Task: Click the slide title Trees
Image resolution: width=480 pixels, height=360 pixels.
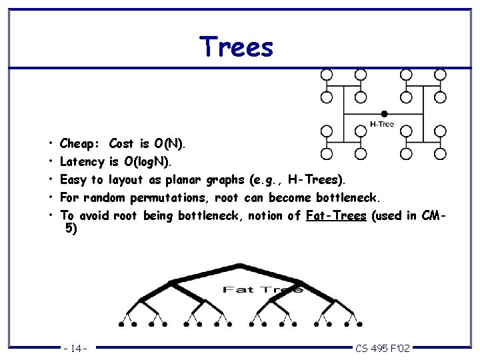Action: tap(236, 47)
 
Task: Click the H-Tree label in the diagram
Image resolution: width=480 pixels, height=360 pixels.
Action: tap(381, 124)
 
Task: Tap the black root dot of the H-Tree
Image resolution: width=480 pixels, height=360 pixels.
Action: tap(384, 113)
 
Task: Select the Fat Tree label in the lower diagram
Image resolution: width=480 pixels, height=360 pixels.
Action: tap(262, 289)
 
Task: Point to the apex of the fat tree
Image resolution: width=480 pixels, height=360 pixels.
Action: tap(239, 267)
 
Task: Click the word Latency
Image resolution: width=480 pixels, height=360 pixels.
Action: tap(82, 161)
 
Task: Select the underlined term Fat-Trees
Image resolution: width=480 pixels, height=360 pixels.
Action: tap(336, 215)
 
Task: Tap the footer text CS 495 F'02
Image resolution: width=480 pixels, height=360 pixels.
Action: tap(383, 348)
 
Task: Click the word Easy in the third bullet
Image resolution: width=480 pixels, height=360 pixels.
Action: tap(73, 179)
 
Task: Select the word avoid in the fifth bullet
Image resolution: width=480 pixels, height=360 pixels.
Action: tap(93, 215)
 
